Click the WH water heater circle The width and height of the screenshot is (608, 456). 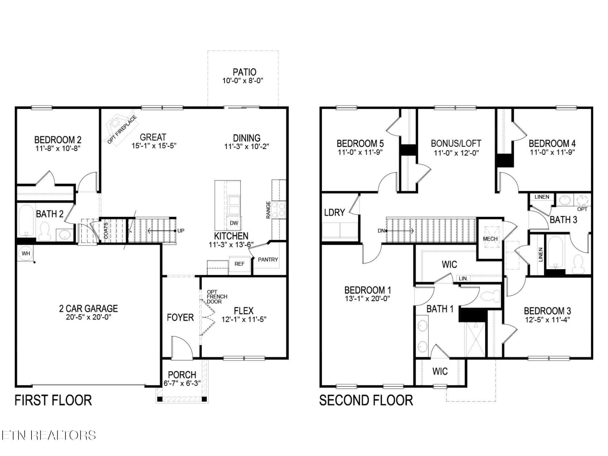[26, 254]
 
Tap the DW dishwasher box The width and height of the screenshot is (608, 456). [234, 223]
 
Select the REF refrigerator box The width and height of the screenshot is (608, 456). [239, 264]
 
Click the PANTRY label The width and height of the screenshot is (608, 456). [268, 259]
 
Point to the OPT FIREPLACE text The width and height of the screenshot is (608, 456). [122, 130]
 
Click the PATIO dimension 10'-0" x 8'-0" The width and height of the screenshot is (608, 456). [243, 80]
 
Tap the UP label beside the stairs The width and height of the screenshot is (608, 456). [181, 231]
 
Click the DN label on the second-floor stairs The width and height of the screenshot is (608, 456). [381, 231]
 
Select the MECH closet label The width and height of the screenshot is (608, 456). [490, 239]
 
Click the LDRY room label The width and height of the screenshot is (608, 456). [335, 213]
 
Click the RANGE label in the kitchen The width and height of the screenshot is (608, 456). [268, 210]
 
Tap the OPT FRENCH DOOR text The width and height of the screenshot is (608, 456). [217, 297]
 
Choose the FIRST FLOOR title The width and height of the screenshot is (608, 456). [53, 400]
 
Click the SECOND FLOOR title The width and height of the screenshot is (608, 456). [366, 400]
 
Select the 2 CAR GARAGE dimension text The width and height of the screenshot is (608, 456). [88, 317]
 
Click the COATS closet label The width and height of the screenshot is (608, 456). [106, 231]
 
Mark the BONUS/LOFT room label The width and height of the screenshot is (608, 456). [456, 144]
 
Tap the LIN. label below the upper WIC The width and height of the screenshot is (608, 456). [463, 278]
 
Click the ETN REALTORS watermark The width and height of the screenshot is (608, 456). [48, 435]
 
